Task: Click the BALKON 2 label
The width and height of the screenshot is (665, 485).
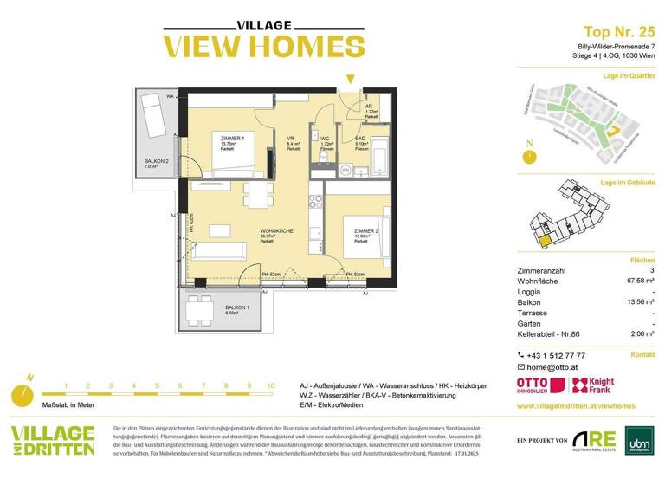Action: pos(157,163)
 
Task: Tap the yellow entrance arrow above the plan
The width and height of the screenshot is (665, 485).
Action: pos(349,79)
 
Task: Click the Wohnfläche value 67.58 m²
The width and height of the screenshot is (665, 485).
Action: pos(637,281)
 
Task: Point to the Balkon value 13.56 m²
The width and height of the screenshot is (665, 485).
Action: pos(637,303)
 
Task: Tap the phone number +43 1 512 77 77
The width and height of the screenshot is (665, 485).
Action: pos(555,355)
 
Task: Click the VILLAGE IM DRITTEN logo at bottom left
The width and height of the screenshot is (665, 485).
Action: pos(52,441)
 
